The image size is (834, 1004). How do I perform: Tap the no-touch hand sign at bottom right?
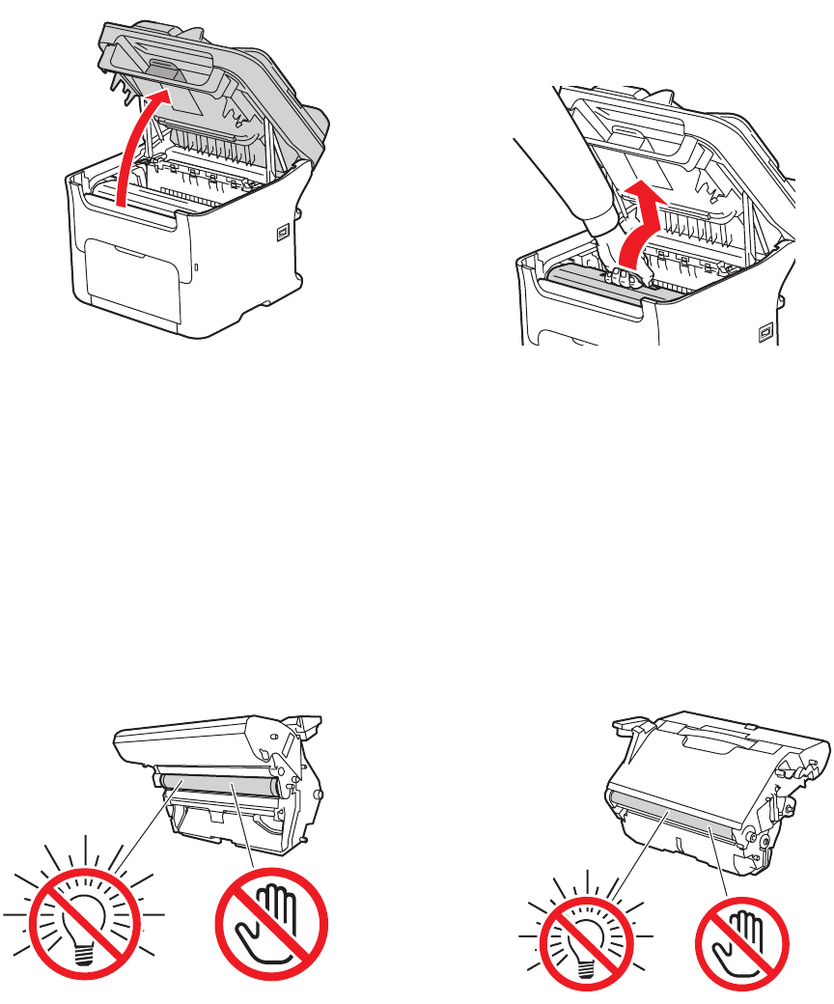[742, 940]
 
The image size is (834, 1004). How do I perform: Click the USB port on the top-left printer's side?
[282, 232]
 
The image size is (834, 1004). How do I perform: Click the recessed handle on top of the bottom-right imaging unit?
[720, 736]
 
